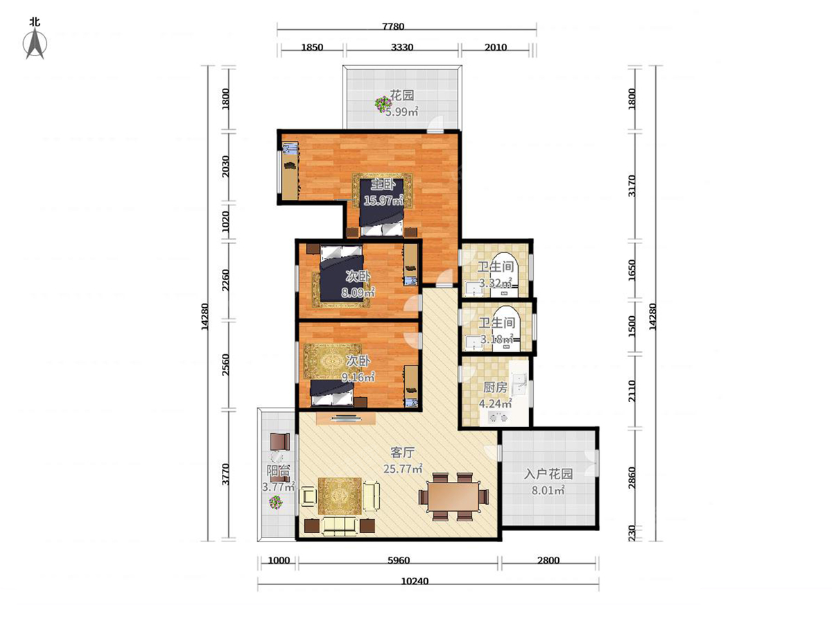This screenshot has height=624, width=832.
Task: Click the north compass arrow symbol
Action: (x=35, y=44)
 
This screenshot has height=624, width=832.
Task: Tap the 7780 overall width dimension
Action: (x=393, y=26)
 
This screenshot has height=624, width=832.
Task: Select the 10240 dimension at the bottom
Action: (x=415, y=581)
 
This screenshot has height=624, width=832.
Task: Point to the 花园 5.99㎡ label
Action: (x=401, y=103)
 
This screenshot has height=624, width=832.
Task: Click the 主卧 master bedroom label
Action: (x=383, y=185)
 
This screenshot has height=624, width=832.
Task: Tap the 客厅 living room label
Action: (x=403, y=452)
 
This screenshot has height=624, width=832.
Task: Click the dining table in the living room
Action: (x=453, y=496)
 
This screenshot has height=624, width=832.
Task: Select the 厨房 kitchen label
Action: (x=495, y=387)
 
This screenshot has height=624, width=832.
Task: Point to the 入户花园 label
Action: (x=548, y=474)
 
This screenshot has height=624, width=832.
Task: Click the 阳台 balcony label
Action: (x=279, y=471)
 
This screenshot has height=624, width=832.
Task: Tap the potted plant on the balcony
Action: (x=275, y=503)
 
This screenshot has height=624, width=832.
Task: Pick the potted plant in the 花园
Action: (x=382, y=104)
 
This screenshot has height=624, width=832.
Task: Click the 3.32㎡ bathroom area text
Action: (x=496, y=283)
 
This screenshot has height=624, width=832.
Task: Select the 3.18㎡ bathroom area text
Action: (x=497, y=339)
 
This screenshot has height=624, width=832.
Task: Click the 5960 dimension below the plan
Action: (x=399, y=560)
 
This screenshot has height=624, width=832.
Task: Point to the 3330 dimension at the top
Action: (x=401, y=47)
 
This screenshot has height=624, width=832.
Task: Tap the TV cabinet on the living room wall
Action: (x=346, y=418)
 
